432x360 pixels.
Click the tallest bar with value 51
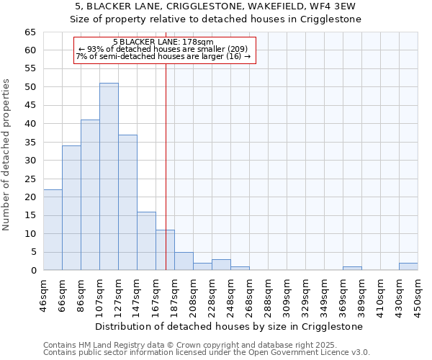[109, 176]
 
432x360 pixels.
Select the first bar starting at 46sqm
[53, 230]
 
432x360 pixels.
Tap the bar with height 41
[90, 195]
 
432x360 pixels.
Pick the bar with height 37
[127, 202]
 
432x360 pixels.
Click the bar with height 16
[146, 240]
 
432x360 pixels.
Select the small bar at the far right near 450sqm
[408, 266]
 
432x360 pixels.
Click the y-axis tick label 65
[30, 32]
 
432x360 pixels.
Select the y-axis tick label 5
[32, 252]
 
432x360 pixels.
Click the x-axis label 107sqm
[99, 294]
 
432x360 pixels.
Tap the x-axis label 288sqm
[268, 294]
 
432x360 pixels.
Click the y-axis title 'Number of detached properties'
[7, 155]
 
